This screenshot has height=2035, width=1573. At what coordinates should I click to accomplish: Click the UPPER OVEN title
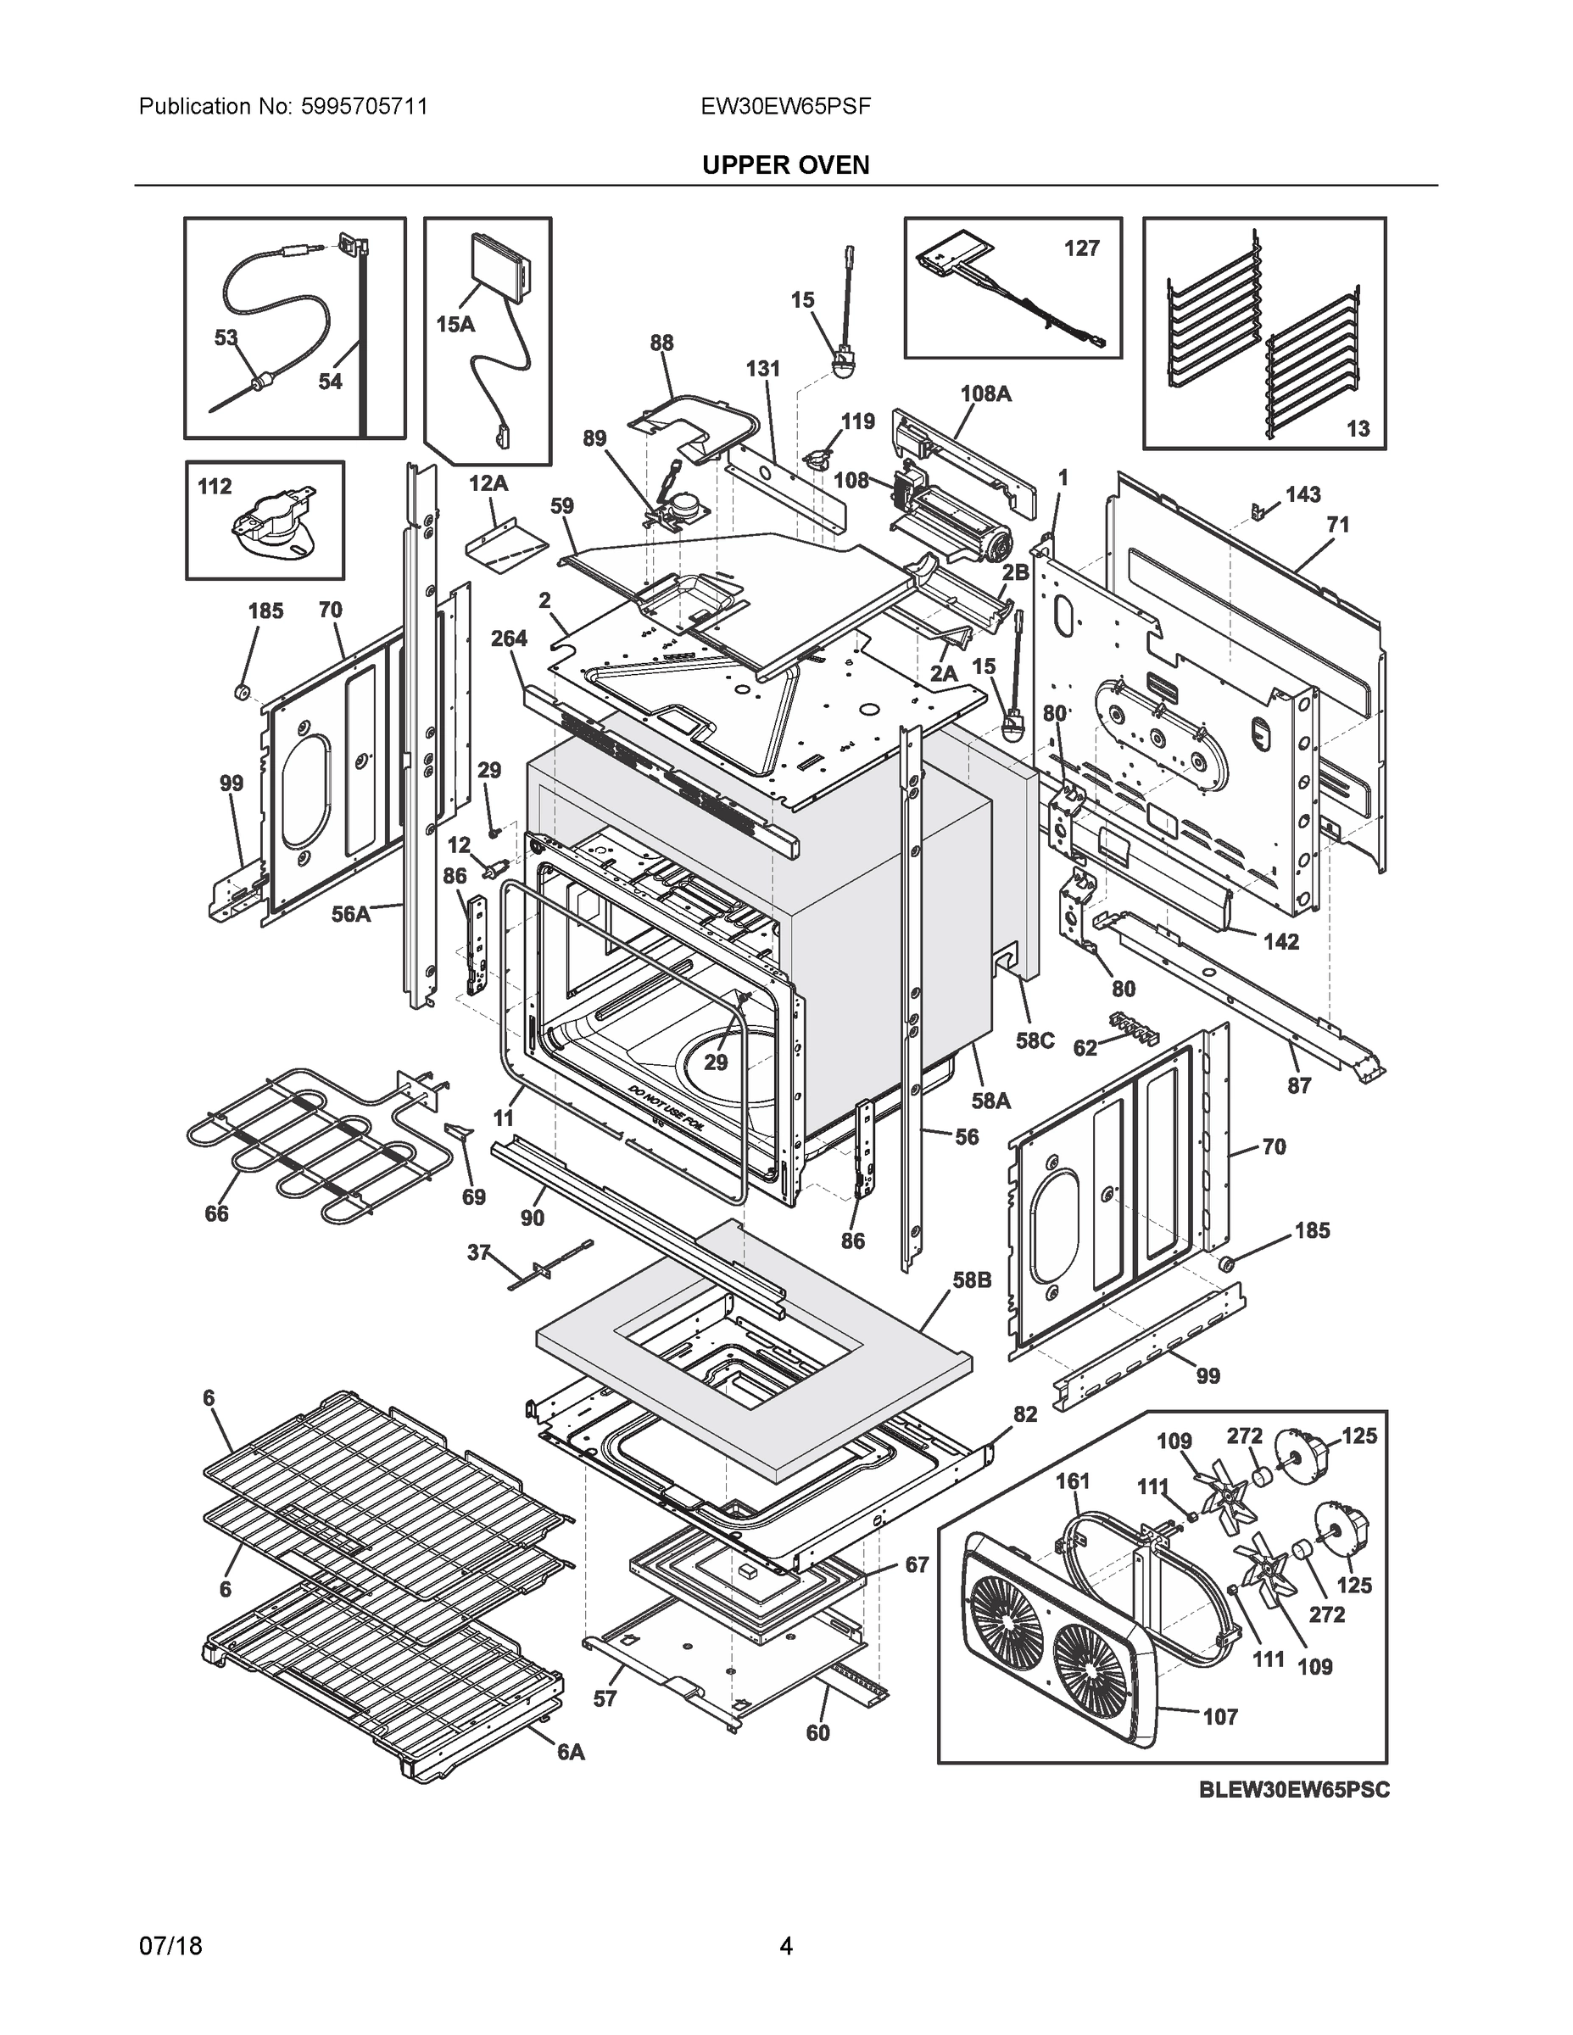[784, 165]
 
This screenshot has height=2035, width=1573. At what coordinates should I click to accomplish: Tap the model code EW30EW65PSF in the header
[784, 107]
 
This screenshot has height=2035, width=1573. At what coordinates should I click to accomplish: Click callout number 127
[1081, 248]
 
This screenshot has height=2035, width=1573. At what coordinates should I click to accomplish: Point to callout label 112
[215, 487]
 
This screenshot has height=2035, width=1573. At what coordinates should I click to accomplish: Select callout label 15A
[455, 324]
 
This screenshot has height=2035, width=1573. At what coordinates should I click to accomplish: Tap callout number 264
[509, 638]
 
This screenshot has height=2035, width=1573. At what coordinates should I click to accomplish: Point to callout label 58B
[971, 1280]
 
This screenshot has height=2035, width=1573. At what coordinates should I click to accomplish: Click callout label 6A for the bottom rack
[571, 1752]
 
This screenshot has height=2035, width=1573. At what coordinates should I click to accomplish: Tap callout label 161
[1073, 1480]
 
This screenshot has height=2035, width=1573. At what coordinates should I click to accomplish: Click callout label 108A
[985, 393]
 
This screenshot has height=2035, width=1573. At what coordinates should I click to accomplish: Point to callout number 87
[1299, 1084]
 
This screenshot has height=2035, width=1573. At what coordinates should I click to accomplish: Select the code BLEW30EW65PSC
[1292, 1790]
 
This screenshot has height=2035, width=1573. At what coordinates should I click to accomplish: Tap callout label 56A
[351, 914]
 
